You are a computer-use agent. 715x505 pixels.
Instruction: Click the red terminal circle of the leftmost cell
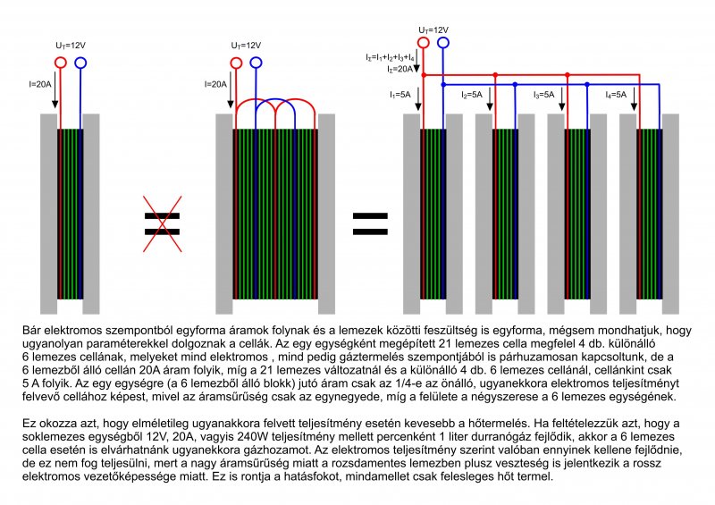pos(61,63)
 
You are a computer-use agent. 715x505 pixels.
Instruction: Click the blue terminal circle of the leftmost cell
pos(80,63)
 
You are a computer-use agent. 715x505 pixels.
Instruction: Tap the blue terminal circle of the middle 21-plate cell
pos(257,63)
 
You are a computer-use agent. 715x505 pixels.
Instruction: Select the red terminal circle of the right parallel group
pos(424,41)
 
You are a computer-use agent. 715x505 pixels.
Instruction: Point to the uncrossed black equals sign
pos(370,223)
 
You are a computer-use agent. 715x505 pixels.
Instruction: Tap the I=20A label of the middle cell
pos(217,84)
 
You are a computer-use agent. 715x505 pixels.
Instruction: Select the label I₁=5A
pos(400,94)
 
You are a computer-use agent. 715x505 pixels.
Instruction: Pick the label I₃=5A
pos(543,94)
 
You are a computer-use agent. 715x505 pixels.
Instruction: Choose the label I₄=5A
pos(616,94)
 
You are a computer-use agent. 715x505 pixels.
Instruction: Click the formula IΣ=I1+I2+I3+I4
pos(390,57)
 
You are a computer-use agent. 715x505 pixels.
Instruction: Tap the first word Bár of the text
pos(31,331)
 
